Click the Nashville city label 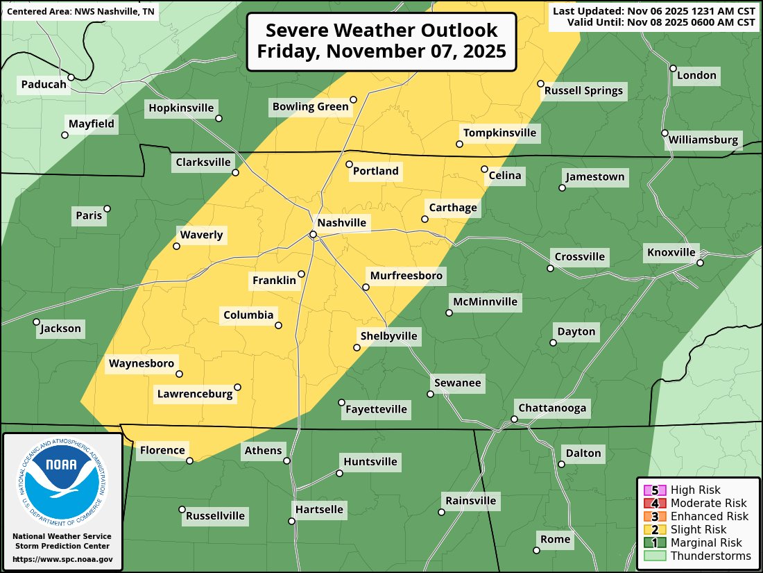coord(341,223)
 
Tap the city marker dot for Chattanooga coord(514,419)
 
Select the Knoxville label coord(671,252)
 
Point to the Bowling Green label coord(310,106)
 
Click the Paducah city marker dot coord(71,77)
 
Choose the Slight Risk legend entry coord(699,529)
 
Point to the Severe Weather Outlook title coord(381,41)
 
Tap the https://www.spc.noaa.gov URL coord(62,559)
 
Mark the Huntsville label coord(370,462)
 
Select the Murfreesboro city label coord(406,276)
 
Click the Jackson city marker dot coord(36,322)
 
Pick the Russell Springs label coord(583,90)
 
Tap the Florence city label coord(162,450)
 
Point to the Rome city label coord(556,539)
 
